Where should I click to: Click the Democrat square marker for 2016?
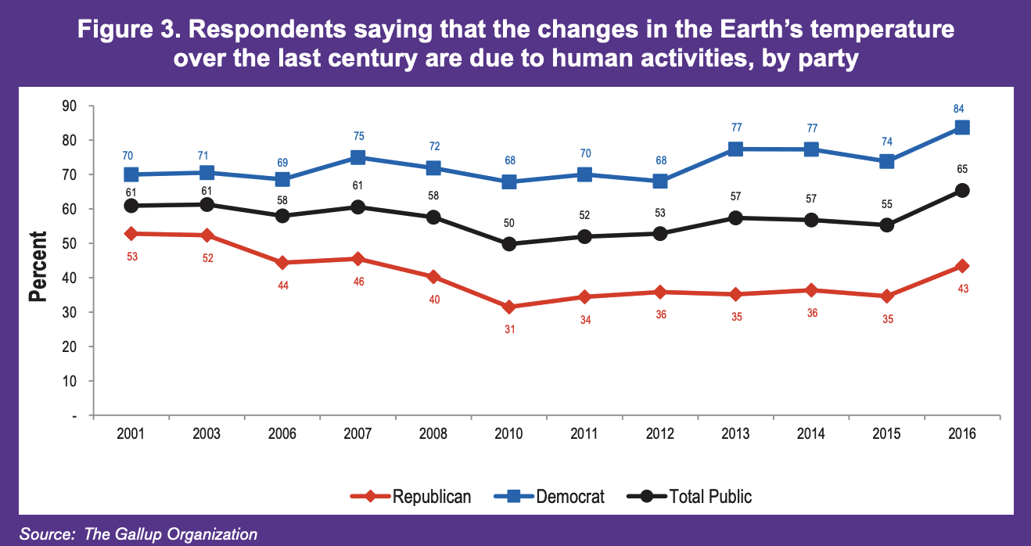tap(962, 128)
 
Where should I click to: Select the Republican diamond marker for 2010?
tap(509, 307)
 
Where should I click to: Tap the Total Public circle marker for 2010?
tap(509, 244)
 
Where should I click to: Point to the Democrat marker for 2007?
tap(357, 157)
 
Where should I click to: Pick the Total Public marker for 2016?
tap(962, 190)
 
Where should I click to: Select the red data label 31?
tap(508, 329)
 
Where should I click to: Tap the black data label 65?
tap(961, 169)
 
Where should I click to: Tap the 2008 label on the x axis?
tap(433, 434)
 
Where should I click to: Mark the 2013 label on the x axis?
tap(736, 434)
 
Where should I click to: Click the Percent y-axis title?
tap(38, 266)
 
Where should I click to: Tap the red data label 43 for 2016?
tap(961, 288)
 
